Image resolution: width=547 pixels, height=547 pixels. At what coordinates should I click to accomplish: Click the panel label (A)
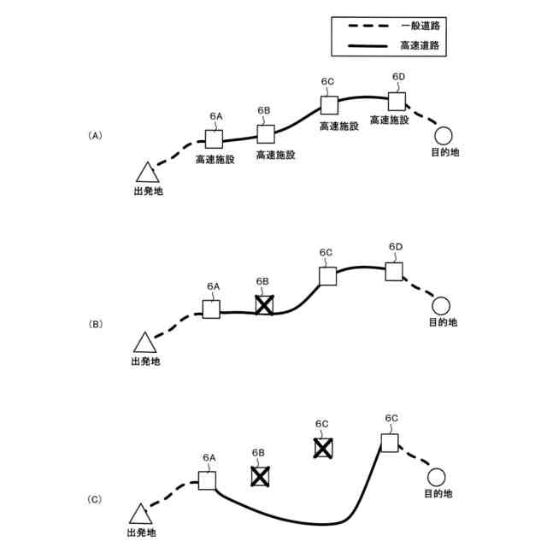point(96,135)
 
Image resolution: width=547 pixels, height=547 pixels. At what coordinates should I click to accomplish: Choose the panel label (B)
point(96,324)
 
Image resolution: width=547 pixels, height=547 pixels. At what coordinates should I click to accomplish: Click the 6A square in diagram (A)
point(214,138)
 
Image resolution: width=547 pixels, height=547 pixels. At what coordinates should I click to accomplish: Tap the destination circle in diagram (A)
point(443,134)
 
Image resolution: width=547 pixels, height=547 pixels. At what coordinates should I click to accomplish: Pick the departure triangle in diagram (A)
point(146,172)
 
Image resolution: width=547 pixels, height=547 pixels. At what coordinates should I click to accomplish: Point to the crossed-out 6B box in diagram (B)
point(265,305)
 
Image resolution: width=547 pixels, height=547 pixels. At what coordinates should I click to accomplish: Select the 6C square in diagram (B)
point(328,275)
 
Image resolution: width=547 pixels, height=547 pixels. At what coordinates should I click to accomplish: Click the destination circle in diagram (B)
point(441,305)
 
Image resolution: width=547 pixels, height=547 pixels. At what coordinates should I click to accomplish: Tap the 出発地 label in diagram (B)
point(145,362)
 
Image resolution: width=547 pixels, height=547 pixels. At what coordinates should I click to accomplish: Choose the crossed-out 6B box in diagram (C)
point(261,476)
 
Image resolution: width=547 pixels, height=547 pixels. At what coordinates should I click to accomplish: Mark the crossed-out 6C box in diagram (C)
point(322,447)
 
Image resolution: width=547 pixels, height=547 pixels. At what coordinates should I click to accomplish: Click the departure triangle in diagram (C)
point(140,515)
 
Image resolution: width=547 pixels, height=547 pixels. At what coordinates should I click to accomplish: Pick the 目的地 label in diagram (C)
point(438,494)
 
